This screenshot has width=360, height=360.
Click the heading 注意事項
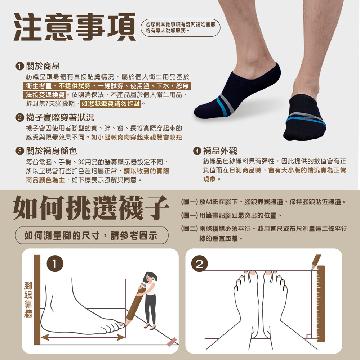point(75,27)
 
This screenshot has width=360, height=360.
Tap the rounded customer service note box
point(181,28)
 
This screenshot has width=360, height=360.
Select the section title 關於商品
point(43,66)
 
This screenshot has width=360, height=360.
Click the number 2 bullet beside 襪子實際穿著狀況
point(20,118)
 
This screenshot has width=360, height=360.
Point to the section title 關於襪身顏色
point(52,151)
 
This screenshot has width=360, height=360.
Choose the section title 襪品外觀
point(220,151)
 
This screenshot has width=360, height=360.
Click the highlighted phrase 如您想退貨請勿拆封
point(111,104)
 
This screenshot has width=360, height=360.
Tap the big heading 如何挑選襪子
point(91,208)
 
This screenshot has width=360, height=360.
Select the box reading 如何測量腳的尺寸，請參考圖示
point(92,235)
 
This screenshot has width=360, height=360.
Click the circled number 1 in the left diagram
point(55,264)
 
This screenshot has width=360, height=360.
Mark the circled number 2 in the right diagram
point(199,264)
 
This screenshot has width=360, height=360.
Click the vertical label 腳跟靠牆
point(28,300)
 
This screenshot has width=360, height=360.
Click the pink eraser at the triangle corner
point(172,342)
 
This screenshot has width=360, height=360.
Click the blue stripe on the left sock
point(222,107)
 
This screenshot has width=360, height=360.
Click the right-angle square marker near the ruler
point(309,336)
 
